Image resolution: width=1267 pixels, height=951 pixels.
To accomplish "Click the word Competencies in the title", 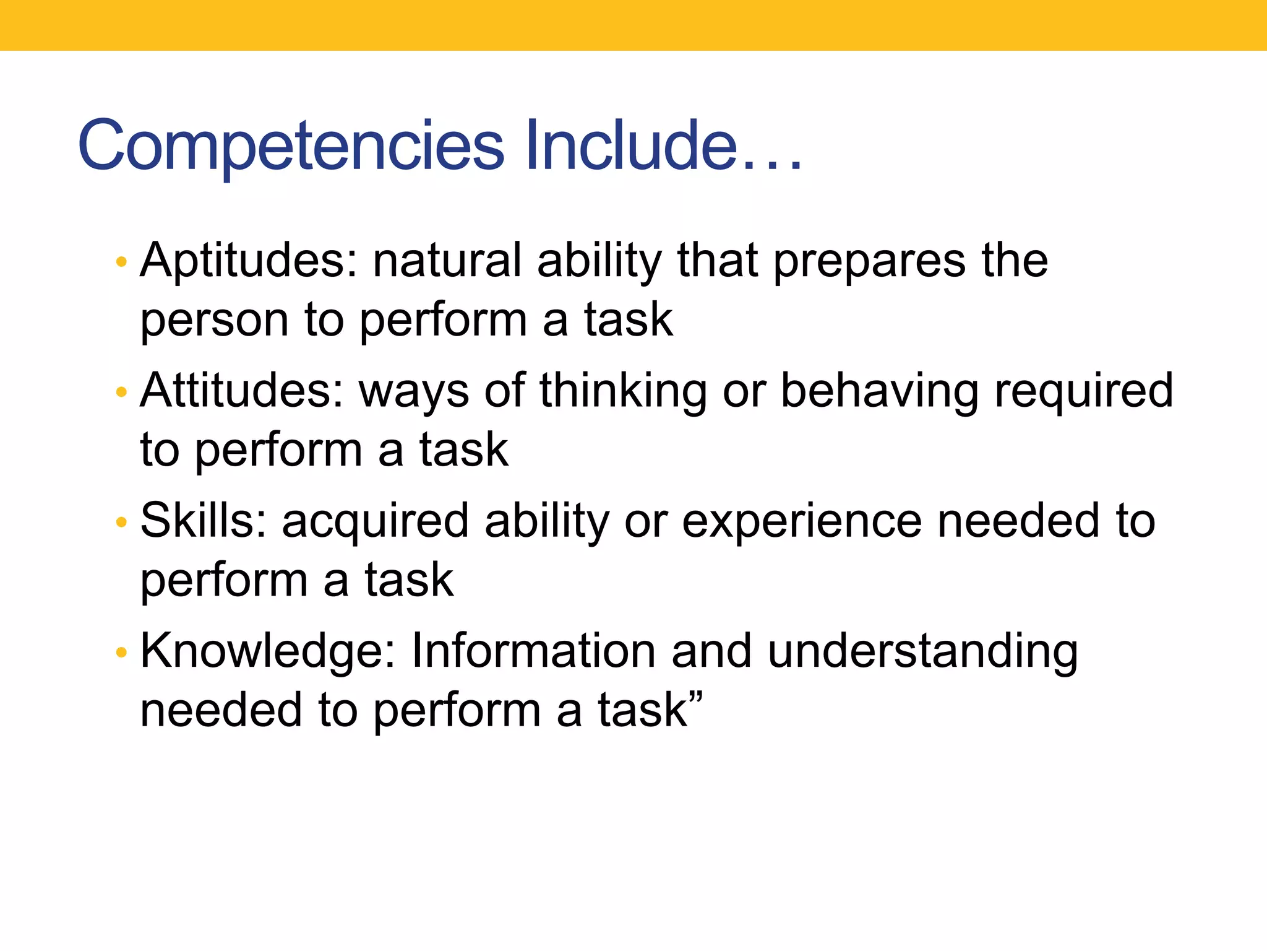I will point(291,146).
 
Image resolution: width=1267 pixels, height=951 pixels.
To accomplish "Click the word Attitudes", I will point(242,391).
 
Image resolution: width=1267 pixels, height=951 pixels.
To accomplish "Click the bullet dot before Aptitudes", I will point(121,262).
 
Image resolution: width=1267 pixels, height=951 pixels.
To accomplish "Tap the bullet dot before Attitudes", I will point(121,392).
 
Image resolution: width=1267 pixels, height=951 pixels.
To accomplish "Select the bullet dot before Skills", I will point(121,522).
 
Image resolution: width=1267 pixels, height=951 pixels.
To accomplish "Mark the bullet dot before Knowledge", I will point(121,652).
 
